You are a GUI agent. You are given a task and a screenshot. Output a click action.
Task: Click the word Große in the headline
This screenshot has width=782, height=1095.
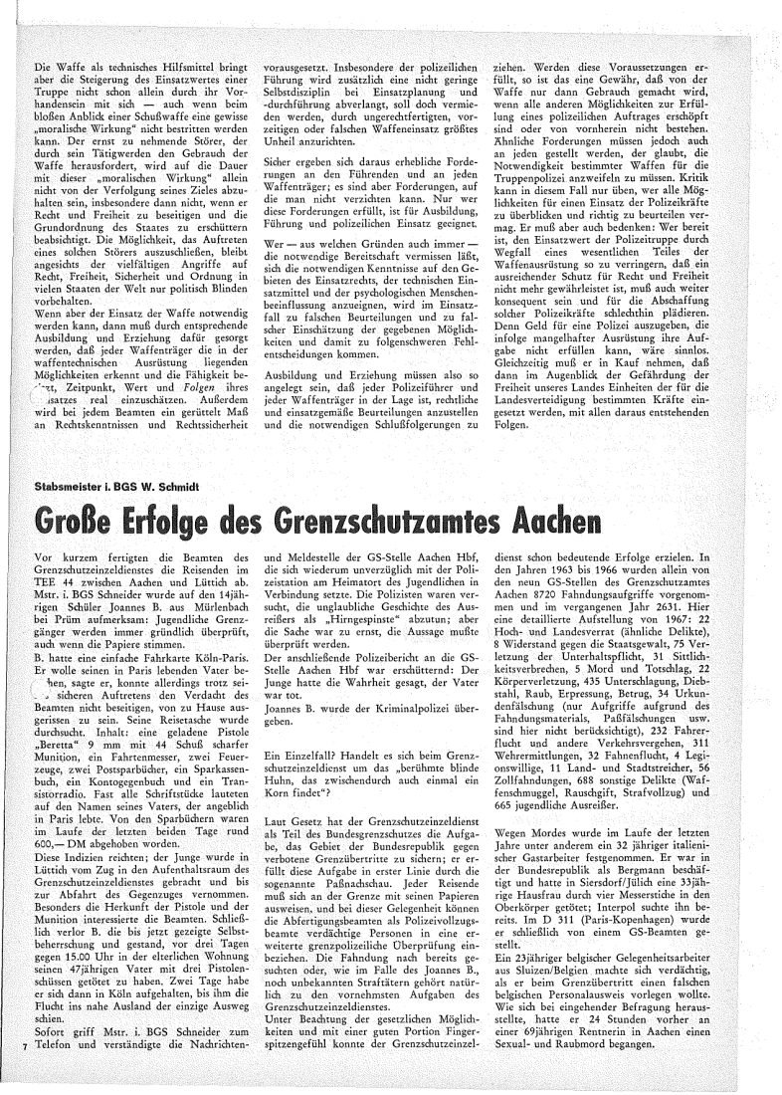77,519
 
